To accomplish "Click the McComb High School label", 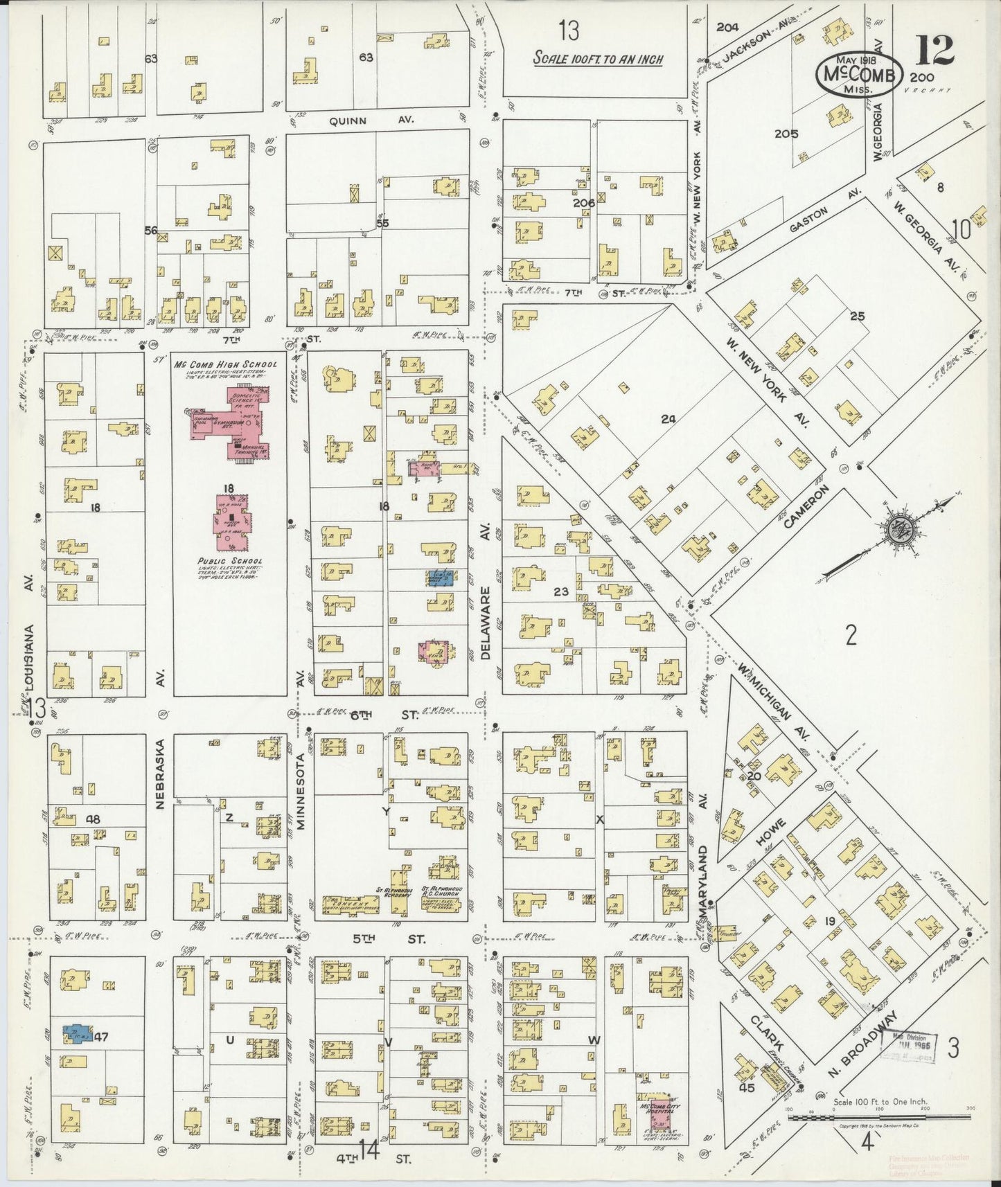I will [225, 364].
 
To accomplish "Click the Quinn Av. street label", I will [371, 120].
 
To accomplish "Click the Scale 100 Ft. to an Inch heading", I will [597, 59].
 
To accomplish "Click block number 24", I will [668, 418].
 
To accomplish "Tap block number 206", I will [584, 204].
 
